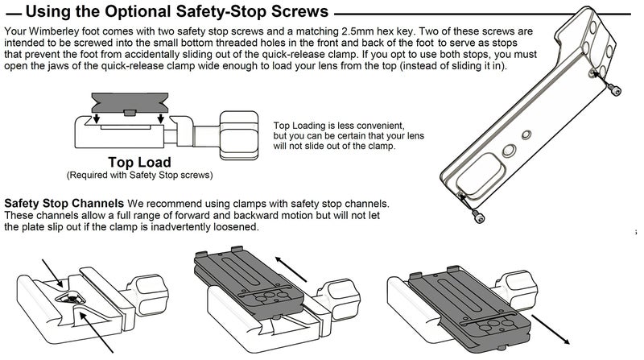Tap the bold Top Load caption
click(x=139, y=163)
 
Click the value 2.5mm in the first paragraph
click(x=357, y=31)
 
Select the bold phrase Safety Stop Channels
click(x=64, y=204)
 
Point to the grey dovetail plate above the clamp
click(x=130, y=103)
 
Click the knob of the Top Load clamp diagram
click(x=239, y=134)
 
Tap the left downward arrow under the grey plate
click(x=97, y=118)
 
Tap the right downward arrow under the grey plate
click(x=160, y=118)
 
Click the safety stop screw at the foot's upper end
click(x=615, y=90)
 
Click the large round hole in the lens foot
click(x=509, y=150)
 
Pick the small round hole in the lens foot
click(x=526, y=134)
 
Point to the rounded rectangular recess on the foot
click(x=478, y=176)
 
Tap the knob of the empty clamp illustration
click(x=149, y=295)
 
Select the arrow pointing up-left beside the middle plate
click(x=291, y=269)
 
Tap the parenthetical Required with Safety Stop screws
click(x=139, y=176)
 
